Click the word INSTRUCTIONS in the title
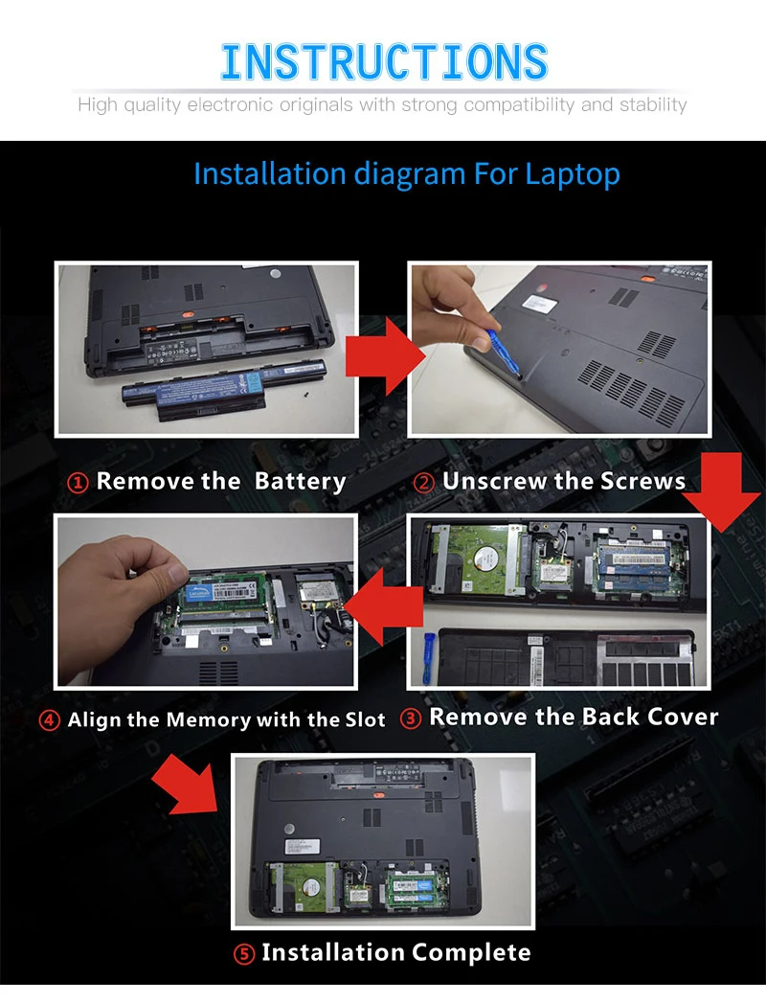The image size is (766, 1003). click(384, 62)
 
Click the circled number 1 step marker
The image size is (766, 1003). click(78, 483)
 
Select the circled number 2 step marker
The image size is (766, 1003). click(424, 482)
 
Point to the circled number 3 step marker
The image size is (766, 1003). click(411, 718)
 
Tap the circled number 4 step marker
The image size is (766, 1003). click(50, 720)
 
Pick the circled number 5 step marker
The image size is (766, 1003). click(244, 954)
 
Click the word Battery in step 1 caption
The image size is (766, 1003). click(301, 482)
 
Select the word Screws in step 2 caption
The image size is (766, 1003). click(642, 481)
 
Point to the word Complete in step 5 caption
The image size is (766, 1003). click(471, 952)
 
